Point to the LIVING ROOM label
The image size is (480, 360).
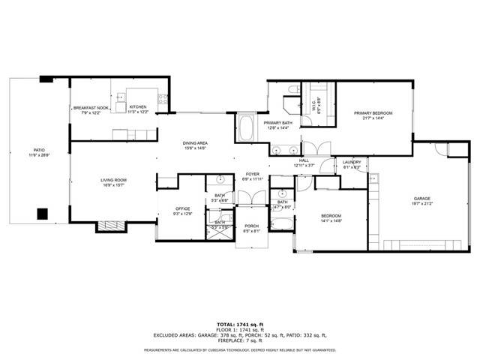pos(114,180)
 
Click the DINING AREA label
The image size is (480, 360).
pos(195,142)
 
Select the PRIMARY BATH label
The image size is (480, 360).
pos(277,122)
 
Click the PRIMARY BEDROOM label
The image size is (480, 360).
pos(373,112)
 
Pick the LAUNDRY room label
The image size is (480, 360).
pos(352,162)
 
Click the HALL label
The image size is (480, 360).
pos(304,160)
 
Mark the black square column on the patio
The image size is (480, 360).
pos(43,214)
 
